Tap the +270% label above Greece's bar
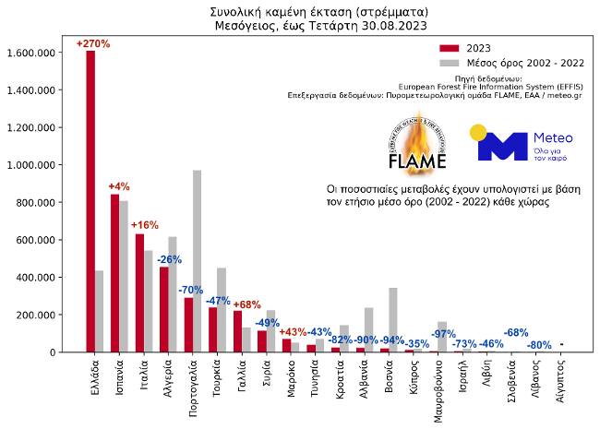[x=93, y=43]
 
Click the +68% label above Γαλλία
[x=246, y=305]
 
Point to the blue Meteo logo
[x=522, y=143]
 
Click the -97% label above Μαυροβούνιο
[x=443, y=333]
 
